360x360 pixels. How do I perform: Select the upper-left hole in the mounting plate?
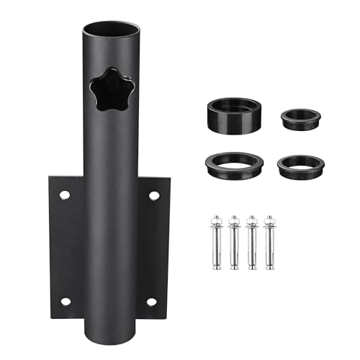click(64, 194)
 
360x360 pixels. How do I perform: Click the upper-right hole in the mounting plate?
click(153, 195)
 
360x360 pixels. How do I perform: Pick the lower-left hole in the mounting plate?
click(64, 301)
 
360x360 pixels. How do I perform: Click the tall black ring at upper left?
click(235, 113)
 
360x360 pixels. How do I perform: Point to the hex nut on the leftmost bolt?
click(216, 220)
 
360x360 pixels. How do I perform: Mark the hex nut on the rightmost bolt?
click(269, 220)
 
